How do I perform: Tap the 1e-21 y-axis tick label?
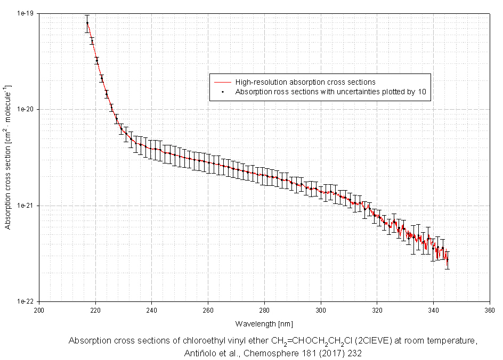click(x=26, y=206)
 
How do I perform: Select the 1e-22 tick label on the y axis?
click(x=26, y=301)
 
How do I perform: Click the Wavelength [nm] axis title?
click(x=264, y=324)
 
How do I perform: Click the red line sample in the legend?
click(x=222, y=83)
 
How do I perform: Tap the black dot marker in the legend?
click(x=222, y=92)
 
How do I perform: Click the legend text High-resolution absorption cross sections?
click(x=305, y=83)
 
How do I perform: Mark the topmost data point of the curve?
click(x=87, y=23)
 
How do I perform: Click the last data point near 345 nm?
click(x=447, y=260)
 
